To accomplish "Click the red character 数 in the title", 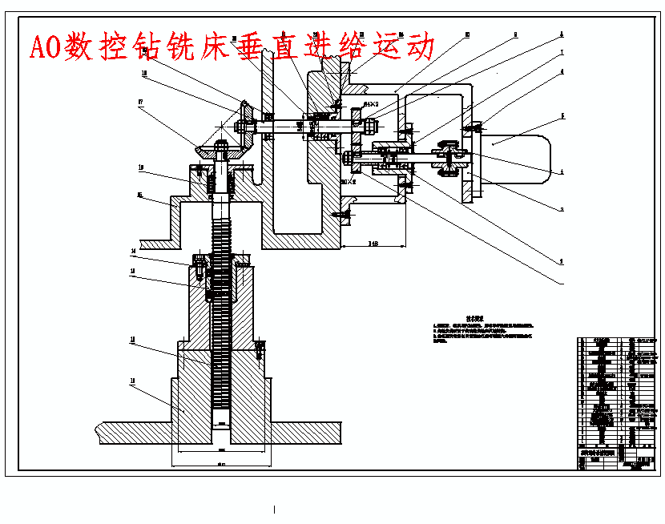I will (85, 46).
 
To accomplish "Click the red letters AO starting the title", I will (46, 47).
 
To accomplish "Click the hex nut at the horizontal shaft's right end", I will (369, 126).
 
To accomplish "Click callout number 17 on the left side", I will (140, 102).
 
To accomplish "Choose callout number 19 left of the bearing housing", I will (140, 168).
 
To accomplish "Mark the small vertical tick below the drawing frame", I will (275, 509).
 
